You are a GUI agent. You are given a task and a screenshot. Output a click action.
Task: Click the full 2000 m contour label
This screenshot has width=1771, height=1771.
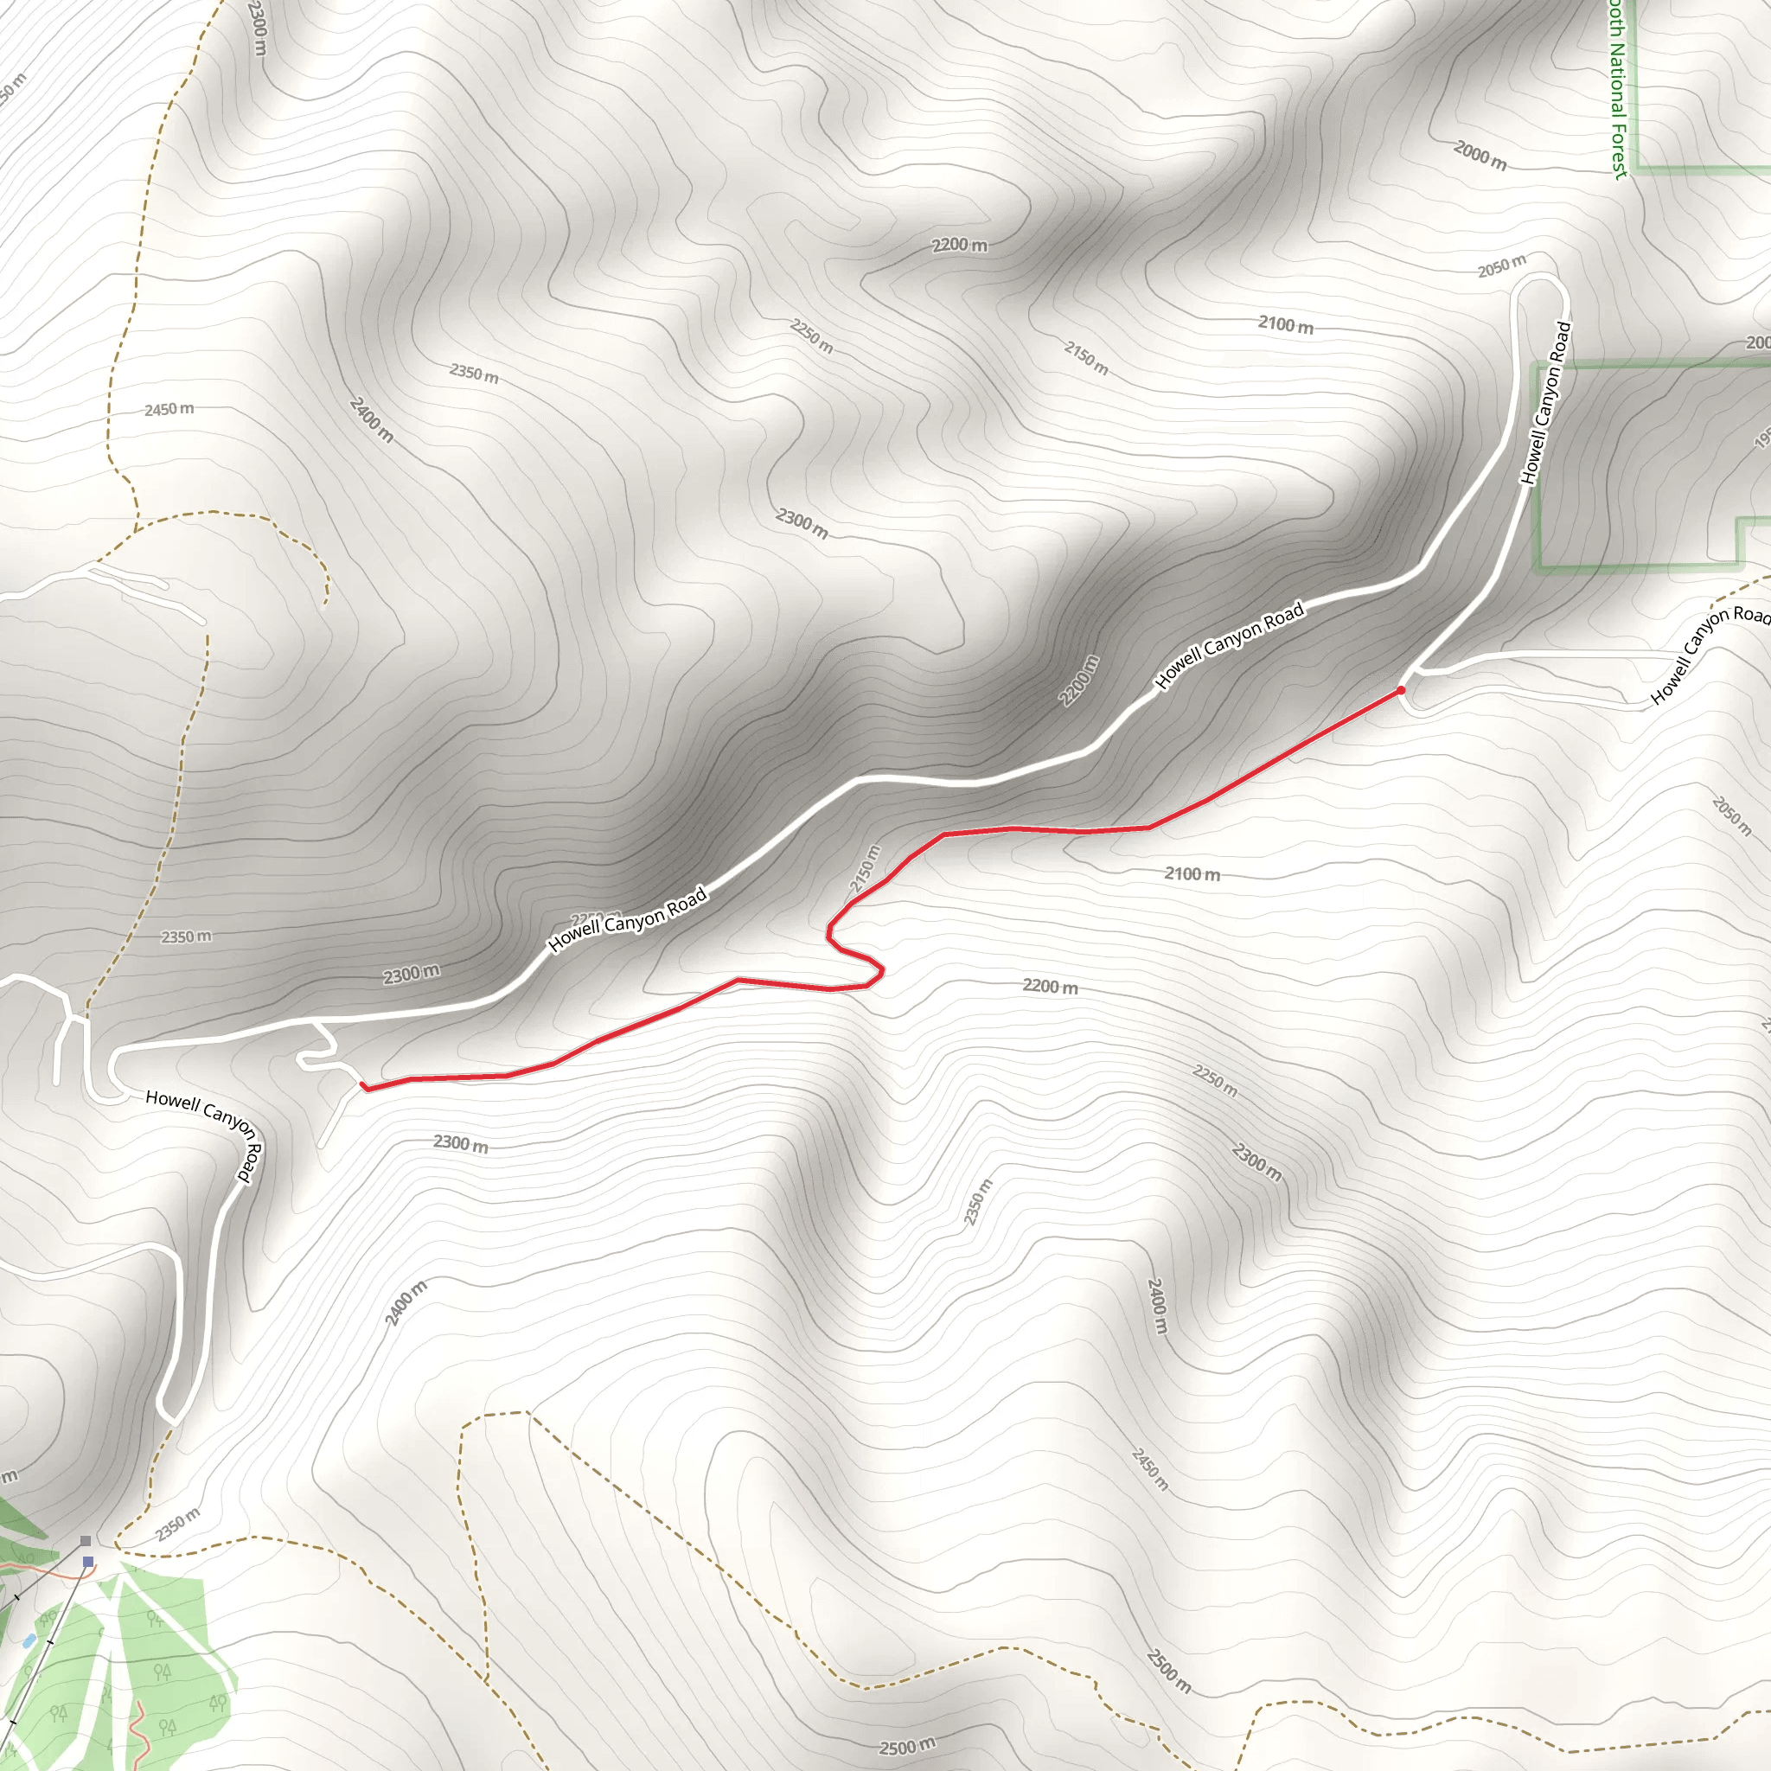coord(1480,156)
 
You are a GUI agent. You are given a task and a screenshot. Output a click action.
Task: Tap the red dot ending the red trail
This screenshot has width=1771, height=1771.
coord(1401,689)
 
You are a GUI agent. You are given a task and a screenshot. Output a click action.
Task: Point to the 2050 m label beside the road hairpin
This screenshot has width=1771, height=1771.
coord(1501,265)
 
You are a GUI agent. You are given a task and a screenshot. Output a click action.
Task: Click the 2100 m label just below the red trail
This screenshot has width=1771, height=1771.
coord(1192,873)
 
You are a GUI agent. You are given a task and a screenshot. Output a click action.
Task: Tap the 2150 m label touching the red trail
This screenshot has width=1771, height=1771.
coord(865,868)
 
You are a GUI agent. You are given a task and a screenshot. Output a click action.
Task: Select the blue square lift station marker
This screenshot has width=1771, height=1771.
coord(88,1561)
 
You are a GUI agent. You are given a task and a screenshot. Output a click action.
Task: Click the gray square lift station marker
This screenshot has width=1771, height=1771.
coord(86,1541)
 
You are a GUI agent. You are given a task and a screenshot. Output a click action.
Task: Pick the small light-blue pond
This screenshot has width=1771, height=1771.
coord(29,1640)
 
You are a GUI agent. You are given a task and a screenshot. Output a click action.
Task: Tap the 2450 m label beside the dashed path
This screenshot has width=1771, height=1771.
coord(169,409)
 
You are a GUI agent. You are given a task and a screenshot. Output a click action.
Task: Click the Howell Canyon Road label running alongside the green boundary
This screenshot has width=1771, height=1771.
coord(1546,402)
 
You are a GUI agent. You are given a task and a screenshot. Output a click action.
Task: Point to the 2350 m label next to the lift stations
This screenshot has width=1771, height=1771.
coord(177,1525)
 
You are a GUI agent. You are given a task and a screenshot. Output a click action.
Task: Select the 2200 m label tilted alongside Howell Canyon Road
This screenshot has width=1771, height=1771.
coord(1079,681)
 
